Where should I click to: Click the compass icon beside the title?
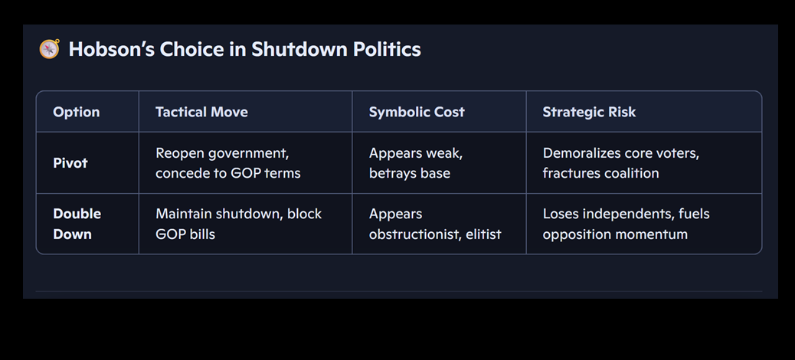pos(49,49)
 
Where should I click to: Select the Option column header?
pos(77,112)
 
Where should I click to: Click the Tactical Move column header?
pos(201,112)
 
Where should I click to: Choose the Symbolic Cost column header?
pos(417,112)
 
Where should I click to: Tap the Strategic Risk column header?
pos(589,112)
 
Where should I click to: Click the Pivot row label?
pos(70,162)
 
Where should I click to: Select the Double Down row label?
pos(77,224)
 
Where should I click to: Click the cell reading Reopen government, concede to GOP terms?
pos(228,162)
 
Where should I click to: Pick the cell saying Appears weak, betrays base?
pos(416,162)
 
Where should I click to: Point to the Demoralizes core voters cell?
pos(621,162)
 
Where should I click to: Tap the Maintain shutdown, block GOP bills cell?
pos(239,224)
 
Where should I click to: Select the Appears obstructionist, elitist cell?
pos(435,224)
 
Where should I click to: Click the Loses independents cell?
pos(627,224)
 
